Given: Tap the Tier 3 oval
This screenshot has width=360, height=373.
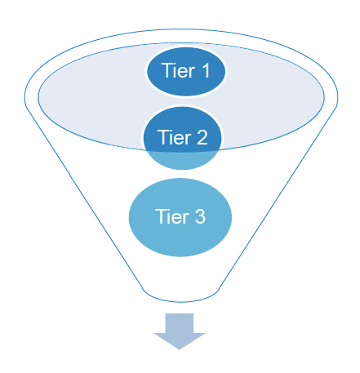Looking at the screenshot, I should point(180,217).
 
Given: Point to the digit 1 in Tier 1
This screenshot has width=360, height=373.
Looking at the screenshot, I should point(205,72).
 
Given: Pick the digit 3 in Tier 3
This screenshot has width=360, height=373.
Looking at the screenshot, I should point(199,217).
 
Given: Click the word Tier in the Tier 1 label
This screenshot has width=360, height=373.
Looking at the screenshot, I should point(177,72).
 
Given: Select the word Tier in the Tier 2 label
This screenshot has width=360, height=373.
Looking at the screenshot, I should point(172,138).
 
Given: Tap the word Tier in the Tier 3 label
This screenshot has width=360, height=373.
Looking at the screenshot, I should point(171,217).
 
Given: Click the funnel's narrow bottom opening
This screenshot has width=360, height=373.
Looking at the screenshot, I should point(180,292).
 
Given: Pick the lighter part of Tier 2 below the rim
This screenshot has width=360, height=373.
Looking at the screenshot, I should point(180,158).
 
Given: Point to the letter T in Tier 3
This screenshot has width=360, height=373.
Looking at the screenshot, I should point(160,217).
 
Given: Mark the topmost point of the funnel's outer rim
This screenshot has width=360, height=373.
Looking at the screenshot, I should point(180,30).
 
